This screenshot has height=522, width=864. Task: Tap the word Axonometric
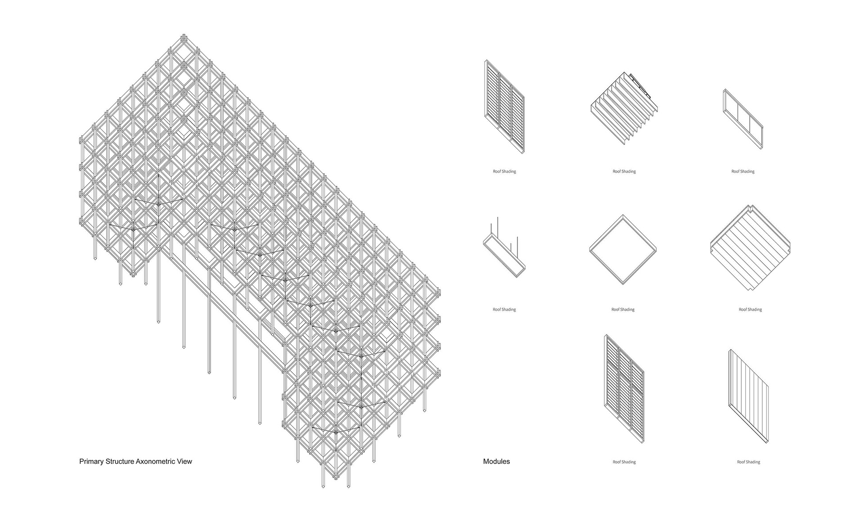[157, 461]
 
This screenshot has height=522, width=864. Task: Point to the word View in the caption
[185, 461]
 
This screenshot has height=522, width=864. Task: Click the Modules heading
[496, 461]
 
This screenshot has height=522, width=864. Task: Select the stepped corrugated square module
[624, 108]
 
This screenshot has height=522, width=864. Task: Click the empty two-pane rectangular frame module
[743, 119]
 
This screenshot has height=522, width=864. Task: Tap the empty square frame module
[623, 250]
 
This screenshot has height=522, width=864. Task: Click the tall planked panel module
[748, 396]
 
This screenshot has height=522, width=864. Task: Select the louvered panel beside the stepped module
[504, 107]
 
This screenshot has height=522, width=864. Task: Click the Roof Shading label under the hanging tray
[504, 310]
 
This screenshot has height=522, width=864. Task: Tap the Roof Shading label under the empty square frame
[623, 310]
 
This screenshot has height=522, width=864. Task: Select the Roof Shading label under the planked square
[750, 310]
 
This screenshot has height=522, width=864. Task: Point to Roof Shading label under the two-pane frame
[743, 171]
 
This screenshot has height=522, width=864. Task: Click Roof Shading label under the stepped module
[624, 171]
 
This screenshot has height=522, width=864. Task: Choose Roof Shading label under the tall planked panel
[748, 462]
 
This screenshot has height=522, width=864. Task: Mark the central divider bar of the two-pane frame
[743, 119]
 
